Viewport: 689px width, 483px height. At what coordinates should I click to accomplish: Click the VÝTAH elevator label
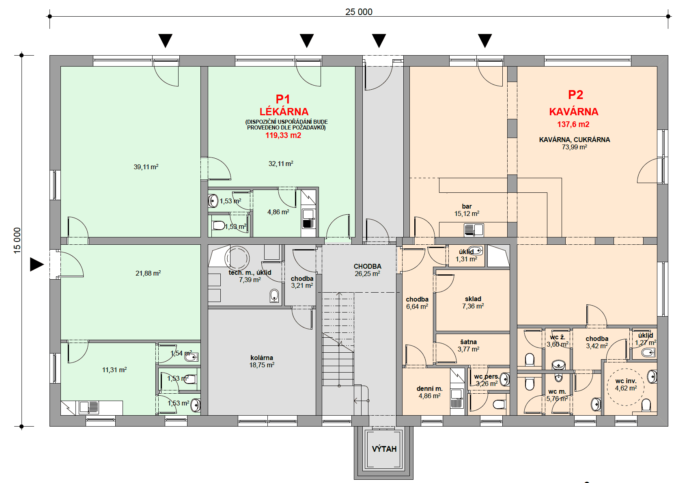click(x=384, y=449)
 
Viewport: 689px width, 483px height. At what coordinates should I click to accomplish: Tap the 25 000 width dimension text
click(x=359, y=12)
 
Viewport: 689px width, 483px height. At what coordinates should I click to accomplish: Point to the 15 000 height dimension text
click(x=17, y=241)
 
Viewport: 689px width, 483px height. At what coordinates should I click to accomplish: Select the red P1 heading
click(x=283, y=99)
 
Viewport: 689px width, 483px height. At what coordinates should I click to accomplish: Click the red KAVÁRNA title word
click(x=573, y=112)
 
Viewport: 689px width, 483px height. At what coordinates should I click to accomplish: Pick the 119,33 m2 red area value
click(x=283, y=136)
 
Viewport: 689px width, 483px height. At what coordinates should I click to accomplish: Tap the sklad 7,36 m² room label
click(x=473, y=302)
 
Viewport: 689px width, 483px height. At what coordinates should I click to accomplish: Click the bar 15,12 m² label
click(x=467, y=210)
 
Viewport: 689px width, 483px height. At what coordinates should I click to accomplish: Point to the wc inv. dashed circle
click(x=626, y=386)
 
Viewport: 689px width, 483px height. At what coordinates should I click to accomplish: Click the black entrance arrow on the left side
click(x=37, y=265)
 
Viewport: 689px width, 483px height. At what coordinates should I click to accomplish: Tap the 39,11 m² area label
click(x=146, y=167)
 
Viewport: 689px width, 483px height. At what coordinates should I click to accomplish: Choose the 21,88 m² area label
click(x=148, y=273)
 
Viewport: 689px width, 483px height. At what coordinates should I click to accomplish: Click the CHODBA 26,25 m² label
click(x=367, y=270)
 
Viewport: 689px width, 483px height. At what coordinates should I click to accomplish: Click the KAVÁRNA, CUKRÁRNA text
click(x=574, y=140)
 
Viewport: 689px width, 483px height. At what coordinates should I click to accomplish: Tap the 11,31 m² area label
click(x=114, y=370)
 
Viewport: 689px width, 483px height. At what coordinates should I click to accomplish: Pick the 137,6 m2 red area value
click(x=573, y=125)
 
